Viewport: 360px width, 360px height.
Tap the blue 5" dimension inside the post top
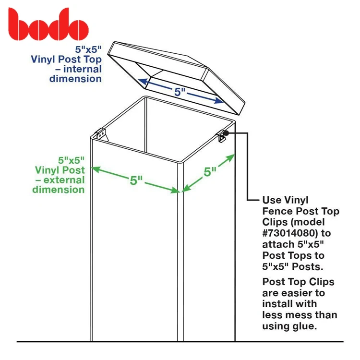click(180, 92)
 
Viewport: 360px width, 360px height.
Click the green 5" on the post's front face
click(137, 180)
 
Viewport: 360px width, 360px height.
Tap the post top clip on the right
click(222, 137)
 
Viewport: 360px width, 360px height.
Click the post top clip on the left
click(100, 135)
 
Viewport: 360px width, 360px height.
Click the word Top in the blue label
click(91, 59)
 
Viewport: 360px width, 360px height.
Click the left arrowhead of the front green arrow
click(95, 168)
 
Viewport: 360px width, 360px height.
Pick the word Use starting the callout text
click(272, 200)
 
